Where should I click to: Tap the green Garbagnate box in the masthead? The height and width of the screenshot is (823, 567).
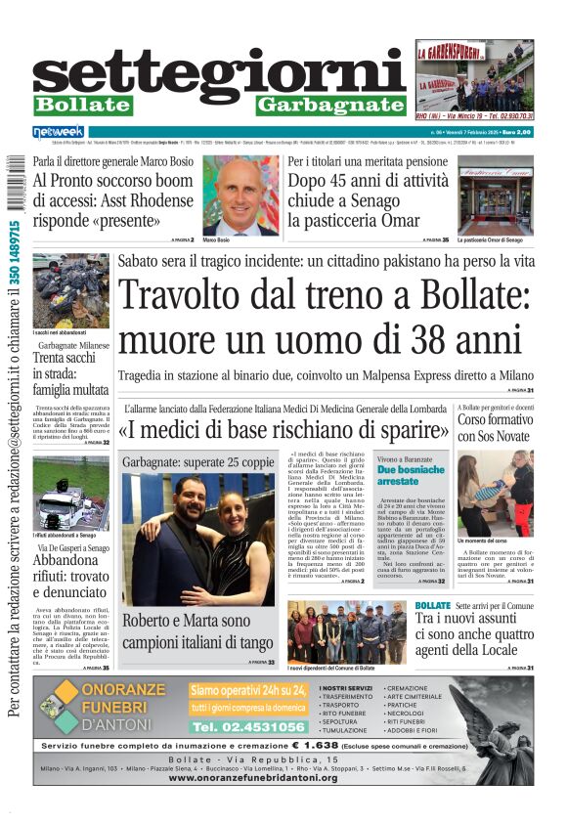click(x=330, y=105)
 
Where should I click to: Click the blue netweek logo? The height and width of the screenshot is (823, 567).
click(x=60, y=131)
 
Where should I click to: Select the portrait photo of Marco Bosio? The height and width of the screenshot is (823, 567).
click(x=240, y=195)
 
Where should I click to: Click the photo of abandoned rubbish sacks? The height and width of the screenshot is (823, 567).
click(x=70, y=290)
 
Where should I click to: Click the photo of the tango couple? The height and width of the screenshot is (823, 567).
click(x=198, y=539)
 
